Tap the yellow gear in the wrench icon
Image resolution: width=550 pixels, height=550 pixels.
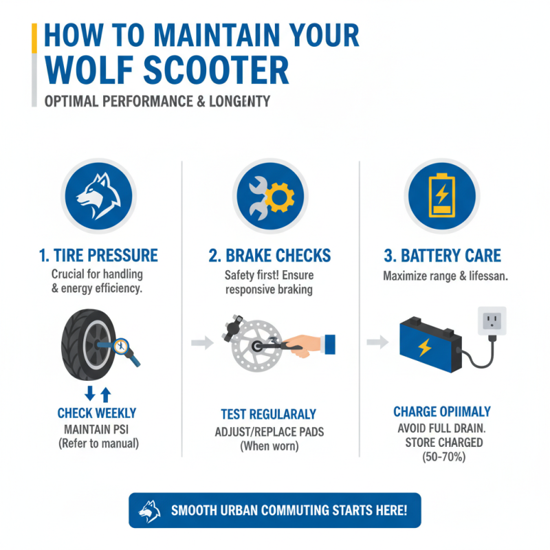click(280, 197)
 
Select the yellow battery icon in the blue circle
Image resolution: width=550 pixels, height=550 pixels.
click(442, 195)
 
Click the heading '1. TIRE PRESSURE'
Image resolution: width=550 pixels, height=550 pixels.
click(98, 255)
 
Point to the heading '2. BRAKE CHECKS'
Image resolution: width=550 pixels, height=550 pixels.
click(269, 255)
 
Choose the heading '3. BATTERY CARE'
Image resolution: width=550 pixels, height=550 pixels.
click(442, 255)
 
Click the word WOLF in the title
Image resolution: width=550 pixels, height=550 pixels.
click(89, 70)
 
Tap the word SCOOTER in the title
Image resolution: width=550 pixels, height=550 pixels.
click(216, 70)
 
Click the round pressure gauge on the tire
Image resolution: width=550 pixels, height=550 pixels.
click(121, 346)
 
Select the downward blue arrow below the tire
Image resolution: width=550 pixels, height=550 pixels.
click(90, 393)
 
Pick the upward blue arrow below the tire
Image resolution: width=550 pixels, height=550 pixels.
click(106, 395)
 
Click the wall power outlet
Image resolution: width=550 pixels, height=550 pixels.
click(492, 321)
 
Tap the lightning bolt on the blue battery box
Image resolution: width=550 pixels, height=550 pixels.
click(425, 348)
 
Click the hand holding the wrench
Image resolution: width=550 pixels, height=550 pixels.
click(305, 346)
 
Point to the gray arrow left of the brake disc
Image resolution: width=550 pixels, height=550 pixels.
click(202, 342)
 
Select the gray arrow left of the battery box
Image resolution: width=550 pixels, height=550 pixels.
click(377, 342)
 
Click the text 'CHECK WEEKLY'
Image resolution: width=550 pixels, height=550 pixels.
click(97, 413)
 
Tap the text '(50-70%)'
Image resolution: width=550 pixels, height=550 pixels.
click(443, 456)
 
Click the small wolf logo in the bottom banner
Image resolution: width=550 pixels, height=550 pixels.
click(149, 511)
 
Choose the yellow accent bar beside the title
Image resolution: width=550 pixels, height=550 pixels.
click(34, 38)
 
